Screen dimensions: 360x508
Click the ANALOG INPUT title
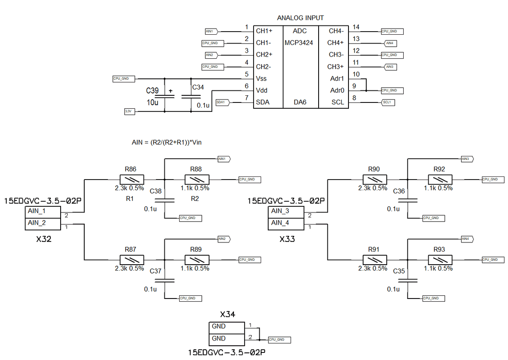(x=300, y=18)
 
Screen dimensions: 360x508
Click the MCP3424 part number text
(x=299, y=43)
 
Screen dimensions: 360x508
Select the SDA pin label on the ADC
(x=262, y=102)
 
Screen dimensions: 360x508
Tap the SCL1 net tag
(x=388, y=102)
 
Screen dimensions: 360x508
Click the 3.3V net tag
(x=128, y=111)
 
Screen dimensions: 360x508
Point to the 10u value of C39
(x=152, y=102)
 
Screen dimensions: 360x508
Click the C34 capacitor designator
(x=198, y=87)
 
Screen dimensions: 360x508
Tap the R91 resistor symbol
(x=374, y=259)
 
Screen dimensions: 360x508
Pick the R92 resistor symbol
(x=439, y=179)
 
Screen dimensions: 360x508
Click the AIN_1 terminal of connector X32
(x=37, y=211)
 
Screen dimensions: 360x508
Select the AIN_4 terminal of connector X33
(x=280, y=223)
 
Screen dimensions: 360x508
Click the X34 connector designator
(x=227, y=315)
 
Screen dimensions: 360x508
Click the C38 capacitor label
(x=156, y=191)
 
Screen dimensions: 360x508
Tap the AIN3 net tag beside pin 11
(x=390, y=67)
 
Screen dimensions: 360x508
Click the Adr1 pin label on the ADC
(x=337, y=78)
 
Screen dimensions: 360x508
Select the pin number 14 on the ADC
(x=356, y=27)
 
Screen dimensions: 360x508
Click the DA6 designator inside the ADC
(x=300, y=102)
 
